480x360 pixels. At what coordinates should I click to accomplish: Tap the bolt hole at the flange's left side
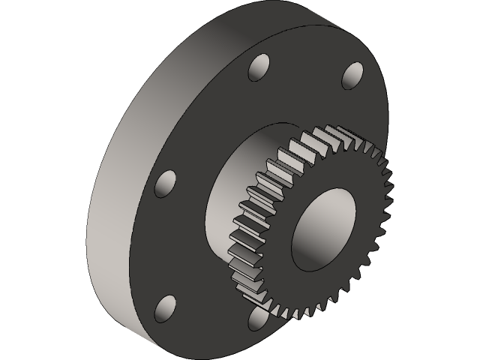pyautogui.click(x=166, y=183)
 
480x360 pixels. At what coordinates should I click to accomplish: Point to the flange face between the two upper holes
pyautogui.click(x=304, y=60)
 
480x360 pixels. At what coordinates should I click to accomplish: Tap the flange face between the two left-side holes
pyautogui.click(x=161, y=244)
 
